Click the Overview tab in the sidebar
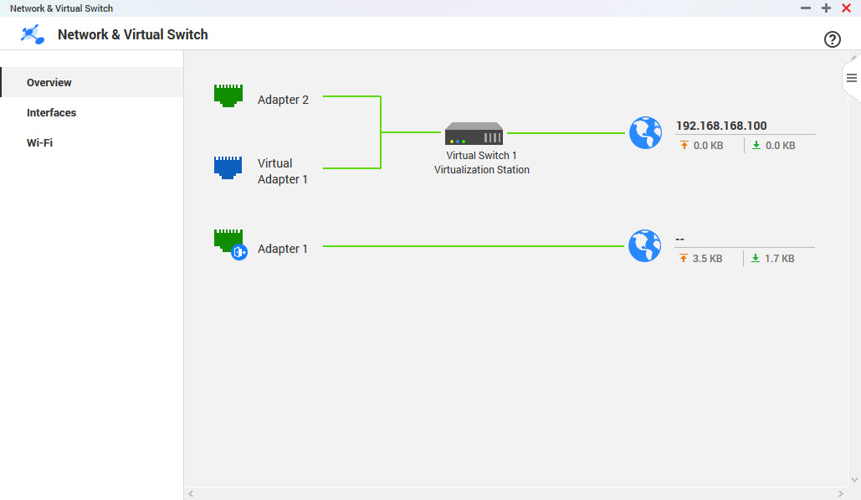tap(49, 83)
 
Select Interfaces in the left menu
tap(51, 113)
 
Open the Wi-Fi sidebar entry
tap(39, 143)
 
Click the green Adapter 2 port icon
tap(228, 95)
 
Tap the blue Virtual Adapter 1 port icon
tap(228, 168)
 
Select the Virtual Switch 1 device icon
tap(474, 133)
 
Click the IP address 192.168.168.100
tap(721, 126)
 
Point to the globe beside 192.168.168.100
tap(645, 133)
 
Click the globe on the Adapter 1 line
tap(645, 246)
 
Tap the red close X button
tap(846, 8)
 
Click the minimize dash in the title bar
tap(806, 8)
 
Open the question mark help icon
tap(832, 39)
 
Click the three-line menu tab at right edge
tap(852, 78)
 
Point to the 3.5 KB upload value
tap(707, 259)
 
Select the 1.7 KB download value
tap(779, 259)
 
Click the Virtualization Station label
tap(481, 170)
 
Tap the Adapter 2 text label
tap(283, 100)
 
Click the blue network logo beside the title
tap(33, 35)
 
